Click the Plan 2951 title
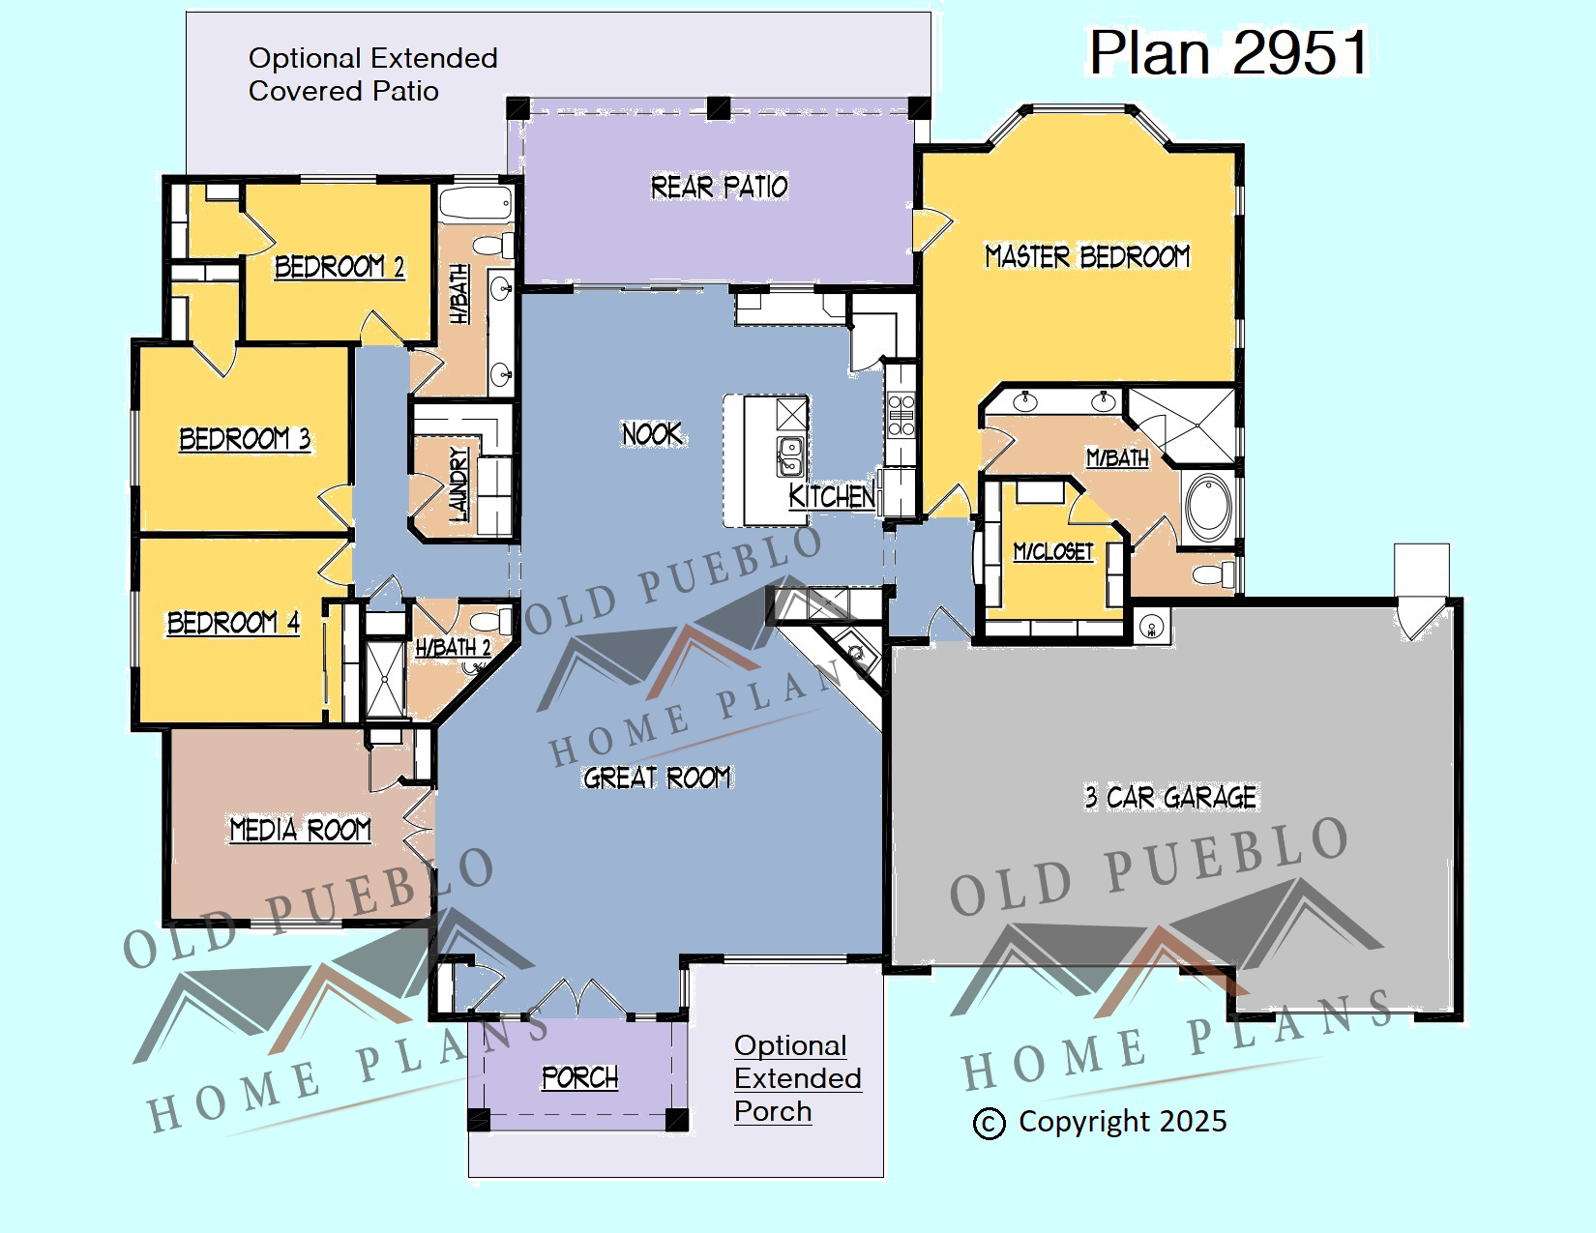click(x=1228, y=52)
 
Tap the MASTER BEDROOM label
click(x=1087, y=257)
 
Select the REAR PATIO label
click(x=719, y=187)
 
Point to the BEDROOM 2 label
click(x=340, y=267)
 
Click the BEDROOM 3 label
click(x=245, y=439)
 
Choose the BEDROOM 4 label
click(x=233, y=623)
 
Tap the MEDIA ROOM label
click(x=301, y=830)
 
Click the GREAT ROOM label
click(x=658, y=777)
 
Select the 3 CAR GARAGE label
click(x=1170, y=797)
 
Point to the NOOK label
click(x=652, y=434)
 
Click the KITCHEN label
click(x=832, y=496)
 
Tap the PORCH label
click(x=579, y=1077)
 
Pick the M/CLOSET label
click(x=1053, y=551)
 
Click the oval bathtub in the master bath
click(x=1208, y=508)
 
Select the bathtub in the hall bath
click(x=475, y=203)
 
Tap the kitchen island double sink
click(x=789, y=456)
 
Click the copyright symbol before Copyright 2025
click(x=989, y=1124)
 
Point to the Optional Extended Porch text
click(x=798, y=1078)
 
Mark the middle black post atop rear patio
click(x=719, y=108)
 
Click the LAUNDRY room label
click(x=458, y=484)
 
